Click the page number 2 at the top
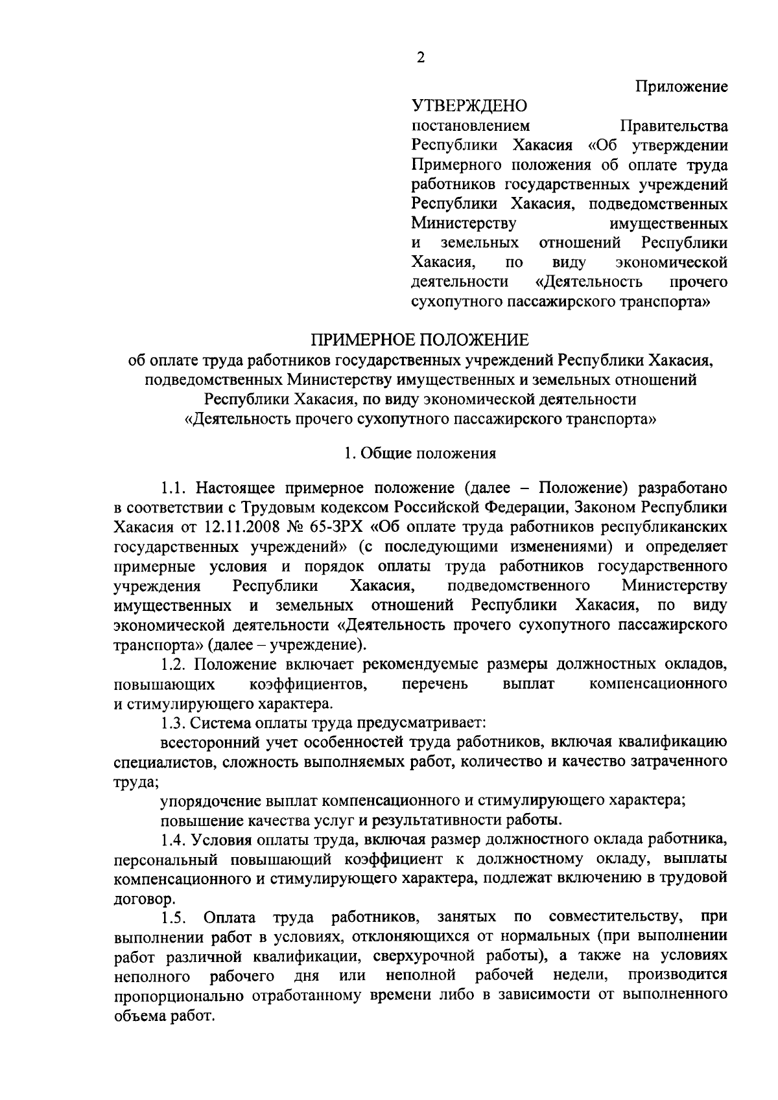pos(421,58)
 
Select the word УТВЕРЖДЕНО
pos(470,106)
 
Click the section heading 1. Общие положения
pos(420,453)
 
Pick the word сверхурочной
pos(419,956)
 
